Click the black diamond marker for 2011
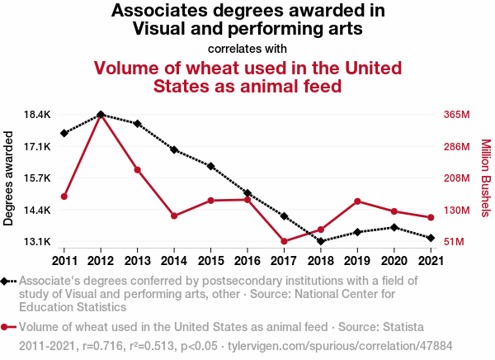(x=64, y=133)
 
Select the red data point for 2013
(x=137, y=170)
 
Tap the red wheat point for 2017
(x=284, y=242)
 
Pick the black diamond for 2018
(x=321, y=241)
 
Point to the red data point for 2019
(x=357, y=201)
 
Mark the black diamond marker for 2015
(x=211, y=166)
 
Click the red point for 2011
(x=64, y=197)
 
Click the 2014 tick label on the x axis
(x=174, y=261)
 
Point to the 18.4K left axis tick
(x=38, y=114)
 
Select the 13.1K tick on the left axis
(x=38, y=242)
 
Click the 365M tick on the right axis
(x=456, y=114)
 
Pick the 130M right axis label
(x=456, y=211)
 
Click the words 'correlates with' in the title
(x=247, y=48)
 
